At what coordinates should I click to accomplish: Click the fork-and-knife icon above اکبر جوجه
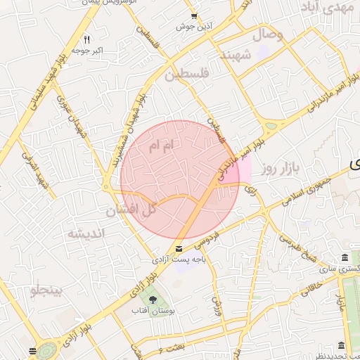click(x=86, y=39)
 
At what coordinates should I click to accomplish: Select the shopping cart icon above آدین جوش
click(x=194, y=16)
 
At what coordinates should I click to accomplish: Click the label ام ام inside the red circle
click(x=161, y=147)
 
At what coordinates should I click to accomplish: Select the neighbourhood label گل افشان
click(x=131, y=210)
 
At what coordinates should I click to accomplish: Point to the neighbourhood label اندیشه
click(x=86, y=233)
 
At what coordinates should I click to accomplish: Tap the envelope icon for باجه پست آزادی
click(x=179, y=249)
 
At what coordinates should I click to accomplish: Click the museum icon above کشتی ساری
click(x=343, y=257)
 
